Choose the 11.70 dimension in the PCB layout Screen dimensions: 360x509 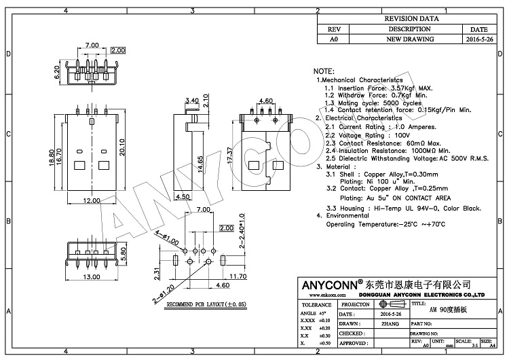[238, 276]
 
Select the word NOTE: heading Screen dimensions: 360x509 [324, 71]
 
